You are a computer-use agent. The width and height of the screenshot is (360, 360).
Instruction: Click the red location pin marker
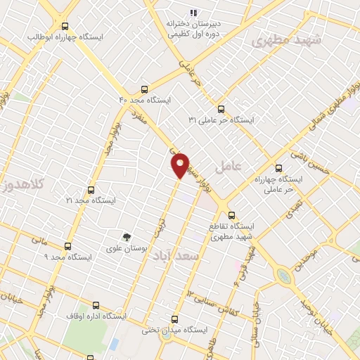point(181,165)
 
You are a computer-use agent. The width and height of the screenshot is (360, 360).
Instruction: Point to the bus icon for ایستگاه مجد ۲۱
point(90,190)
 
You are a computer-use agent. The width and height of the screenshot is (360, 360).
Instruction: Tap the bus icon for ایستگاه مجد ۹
point(67,246)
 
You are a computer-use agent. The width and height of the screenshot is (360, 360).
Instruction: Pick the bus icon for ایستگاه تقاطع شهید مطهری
point(232,216)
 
